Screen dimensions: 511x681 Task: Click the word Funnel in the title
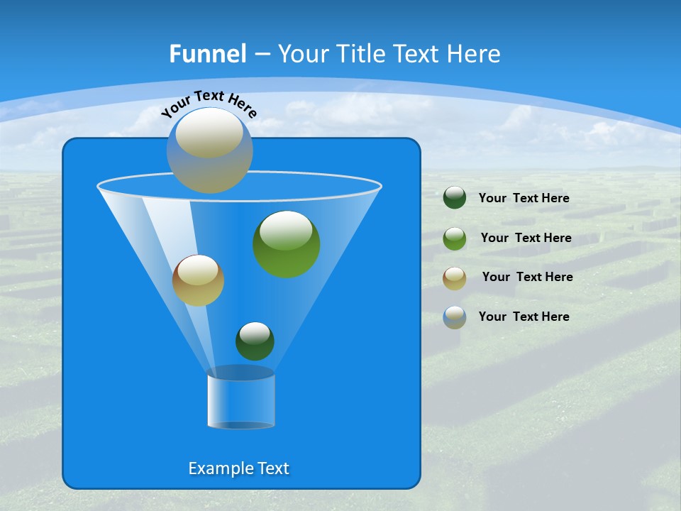click(207, 54)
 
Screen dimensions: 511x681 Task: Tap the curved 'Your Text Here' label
click(209, 103)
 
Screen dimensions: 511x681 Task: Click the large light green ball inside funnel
click(287, 245)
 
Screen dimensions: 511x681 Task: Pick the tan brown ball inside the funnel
click(198, 281)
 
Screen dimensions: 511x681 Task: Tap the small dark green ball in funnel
click(255, 341)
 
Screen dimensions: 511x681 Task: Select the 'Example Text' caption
click(238, 468)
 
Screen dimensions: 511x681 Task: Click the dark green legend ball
click(455, 198)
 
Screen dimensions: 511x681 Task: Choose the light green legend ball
click(455, 238)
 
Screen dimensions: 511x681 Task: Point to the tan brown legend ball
click(455, 278)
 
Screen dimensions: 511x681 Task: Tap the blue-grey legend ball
click(455, 317)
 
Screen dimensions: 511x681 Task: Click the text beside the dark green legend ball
click(524, 198)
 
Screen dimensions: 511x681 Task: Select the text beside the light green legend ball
click(526, 238)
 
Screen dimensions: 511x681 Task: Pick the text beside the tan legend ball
click(527, 277)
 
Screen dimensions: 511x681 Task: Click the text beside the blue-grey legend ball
click(524, 317)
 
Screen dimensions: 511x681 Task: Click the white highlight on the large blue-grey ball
click(209, 135)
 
